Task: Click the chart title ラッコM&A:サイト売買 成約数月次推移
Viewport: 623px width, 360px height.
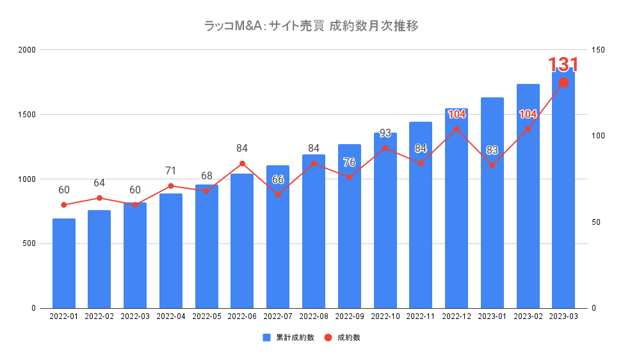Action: click(311, 26)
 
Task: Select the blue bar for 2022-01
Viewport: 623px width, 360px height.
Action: click(64, 263)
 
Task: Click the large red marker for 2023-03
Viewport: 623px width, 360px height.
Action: click(563, 83)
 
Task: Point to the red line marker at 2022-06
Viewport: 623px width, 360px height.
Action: click(242, 163)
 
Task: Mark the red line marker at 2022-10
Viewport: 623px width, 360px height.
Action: click(385, 148)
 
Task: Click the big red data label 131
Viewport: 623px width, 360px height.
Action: click(563, 65)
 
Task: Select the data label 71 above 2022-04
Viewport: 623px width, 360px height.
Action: click(170, 171)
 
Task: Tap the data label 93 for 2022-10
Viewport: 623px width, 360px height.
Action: click(385, 133)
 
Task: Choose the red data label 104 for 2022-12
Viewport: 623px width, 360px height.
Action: click(457, 115)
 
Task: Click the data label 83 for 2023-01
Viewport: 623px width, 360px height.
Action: click(492, 151)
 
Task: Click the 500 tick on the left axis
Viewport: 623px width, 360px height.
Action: click(29, 243)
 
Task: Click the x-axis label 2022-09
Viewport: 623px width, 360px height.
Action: click(349, 316)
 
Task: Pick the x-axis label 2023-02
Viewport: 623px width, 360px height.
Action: click(528, 316)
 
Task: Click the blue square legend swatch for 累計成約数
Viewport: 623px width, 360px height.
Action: click(266, 338)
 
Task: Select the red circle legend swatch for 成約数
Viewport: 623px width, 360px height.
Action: click(328, 338)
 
